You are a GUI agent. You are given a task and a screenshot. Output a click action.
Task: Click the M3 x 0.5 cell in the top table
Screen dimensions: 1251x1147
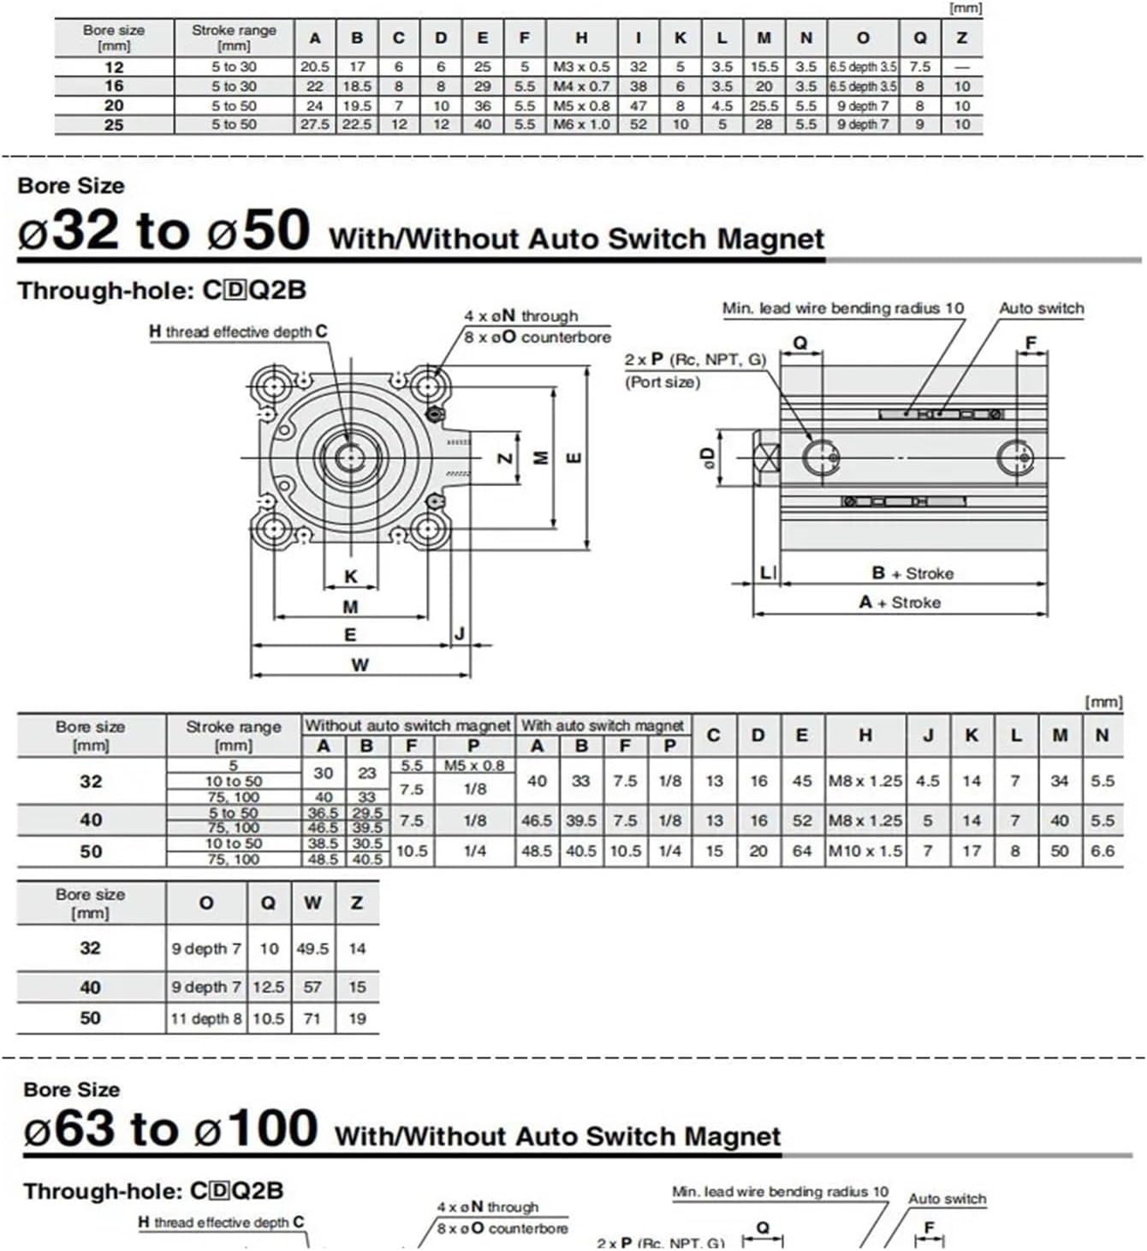(581, 67)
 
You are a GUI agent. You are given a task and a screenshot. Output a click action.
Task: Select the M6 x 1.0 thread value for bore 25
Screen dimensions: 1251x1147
(581, 125)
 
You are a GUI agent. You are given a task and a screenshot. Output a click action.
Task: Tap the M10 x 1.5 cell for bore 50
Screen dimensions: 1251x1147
(865, 851)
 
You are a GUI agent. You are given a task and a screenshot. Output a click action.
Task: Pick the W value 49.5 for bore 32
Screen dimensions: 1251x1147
(312, 949)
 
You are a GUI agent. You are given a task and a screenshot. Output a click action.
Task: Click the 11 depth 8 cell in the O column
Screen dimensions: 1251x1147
(206, 1018)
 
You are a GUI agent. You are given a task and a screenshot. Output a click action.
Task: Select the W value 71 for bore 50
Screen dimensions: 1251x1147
(312, 1018)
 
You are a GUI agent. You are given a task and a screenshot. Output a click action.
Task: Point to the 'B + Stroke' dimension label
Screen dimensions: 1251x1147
(912, 573)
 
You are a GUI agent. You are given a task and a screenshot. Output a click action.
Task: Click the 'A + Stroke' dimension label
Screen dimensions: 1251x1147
(900, 602)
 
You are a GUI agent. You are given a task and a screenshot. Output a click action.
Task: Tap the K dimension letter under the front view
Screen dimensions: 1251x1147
(351, 577)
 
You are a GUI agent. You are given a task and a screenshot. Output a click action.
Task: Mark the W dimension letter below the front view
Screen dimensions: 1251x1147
(360, 665)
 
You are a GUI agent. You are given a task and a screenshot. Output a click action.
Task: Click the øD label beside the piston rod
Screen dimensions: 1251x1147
(707, 458)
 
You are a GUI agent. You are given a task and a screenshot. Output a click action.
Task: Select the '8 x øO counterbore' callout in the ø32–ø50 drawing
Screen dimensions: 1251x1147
(538, 337)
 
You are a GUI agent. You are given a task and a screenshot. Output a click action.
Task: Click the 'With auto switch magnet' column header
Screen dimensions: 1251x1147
(603, 726)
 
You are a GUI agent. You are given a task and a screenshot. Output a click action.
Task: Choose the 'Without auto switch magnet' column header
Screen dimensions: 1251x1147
(407, 726)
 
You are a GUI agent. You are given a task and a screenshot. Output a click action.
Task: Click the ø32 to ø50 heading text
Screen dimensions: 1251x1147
(163, 231)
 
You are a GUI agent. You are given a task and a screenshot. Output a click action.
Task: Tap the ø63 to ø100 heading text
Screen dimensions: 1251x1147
(170, 1129)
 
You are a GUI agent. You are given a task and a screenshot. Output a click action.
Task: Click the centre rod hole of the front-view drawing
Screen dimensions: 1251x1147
(349, 458)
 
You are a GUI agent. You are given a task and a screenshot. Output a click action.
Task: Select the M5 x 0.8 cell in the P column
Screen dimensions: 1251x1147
(474, 766)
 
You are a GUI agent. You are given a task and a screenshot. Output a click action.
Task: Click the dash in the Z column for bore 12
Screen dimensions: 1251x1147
(961, 67)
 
